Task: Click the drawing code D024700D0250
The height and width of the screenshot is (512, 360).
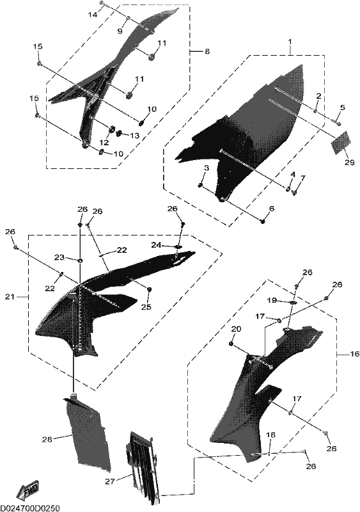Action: point(31,508)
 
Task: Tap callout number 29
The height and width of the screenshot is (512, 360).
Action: point(349,162)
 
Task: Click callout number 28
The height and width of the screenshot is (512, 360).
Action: point(47,440)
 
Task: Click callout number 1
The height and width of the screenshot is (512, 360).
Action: point(290,42)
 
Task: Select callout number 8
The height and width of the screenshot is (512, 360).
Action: point(207,51)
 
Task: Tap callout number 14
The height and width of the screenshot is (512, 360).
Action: point(93,15)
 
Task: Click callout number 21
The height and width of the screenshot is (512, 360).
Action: point(10,297)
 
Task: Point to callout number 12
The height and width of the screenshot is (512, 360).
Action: point(104,143)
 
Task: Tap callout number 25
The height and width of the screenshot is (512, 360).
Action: point(146,307)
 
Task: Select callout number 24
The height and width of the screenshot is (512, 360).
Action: point(156,244)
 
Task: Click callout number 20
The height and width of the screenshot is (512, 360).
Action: point(236,329)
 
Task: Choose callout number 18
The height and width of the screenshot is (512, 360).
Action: point(270,435)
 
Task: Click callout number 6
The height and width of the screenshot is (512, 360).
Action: point(272,209)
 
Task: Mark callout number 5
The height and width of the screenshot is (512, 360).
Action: point(342,108)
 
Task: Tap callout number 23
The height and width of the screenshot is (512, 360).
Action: point(59,257)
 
